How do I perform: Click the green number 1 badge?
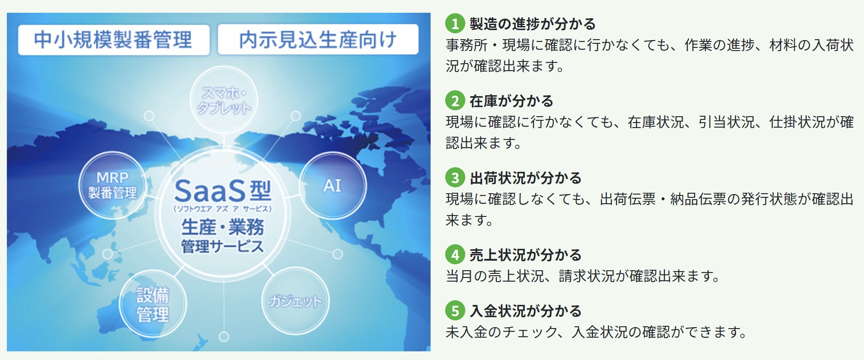455,24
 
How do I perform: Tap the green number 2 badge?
455,101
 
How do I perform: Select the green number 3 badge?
455,178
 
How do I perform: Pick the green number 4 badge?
455,255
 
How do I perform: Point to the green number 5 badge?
455,311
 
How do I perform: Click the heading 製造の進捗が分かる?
532,24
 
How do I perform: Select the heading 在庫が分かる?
511,101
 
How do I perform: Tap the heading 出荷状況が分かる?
525,178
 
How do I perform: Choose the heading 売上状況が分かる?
525,255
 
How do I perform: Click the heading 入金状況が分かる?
525,311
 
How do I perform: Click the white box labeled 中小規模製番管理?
113,40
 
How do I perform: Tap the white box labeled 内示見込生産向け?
318,40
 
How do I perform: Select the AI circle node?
332,185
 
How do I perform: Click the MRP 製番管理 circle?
112,185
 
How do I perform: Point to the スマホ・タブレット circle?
223,100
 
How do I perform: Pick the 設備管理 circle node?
153,304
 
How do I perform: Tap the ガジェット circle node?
295,301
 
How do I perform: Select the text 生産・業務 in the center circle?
222,226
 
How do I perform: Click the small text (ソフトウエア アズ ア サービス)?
222,209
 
